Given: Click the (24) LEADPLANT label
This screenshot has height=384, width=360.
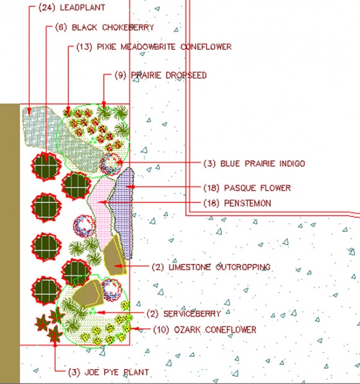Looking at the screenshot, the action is coord(72,7).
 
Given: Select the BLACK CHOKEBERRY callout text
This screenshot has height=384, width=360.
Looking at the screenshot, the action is coord(113,27).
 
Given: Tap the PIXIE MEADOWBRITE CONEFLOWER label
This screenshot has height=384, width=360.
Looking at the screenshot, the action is coord(164,46).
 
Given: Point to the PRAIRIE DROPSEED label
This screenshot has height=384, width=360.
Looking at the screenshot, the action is coord(169,75).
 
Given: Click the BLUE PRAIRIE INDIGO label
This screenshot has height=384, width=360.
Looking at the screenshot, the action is coord(263,164).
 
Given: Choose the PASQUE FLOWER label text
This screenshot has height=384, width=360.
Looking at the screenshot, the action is coord(257,188).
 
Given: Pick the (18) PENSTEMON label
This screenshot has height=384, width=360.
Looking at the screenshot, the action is coord(237,203).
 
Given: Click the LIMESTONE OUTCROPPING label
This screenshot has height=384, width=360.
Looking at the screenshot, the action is coord(219,267).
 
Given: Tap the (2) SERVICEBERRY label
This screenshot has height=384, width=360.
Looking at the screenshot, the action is coord(184,314).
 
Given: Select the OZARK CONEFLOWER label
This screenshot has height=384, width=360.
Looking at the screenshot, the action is coord(215,329).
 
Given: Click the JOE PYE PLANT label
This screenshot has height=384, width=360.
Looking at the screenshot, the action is coord(116,372).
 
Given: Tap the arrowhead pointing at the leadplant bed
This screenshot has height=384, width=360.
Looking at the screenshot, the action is coord(29,111).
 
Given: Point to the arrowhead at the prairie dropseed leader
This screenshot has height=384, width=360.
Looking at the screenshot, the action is coord(103,105).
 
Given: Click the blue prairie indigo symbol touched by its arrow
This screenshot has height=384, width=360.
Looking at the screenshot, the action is coord(110,164).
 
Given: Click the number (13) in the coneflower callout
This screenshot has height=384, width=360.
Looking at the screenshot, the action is coord(84,46).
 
